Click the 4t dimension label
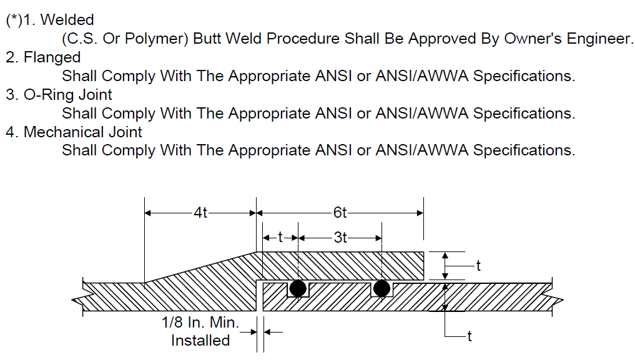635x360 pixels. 200,212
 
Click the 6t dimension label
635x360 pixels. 340,212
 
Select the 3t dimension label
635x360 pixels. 340,238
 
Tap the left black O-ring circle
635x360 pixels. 298,288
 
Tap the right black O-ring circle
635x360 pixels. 381,288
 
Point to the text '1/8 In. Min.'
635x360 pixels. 200,323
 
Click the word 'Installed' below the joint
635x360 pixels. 200,341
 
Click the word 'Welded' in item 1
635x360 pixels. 67,20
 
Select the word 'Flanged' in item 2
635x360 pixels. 52,57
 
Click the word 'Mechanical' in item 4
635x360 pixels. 57,132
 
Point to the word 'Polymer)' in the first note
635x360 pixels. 156,39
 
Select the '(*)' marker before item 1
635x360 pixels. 14,20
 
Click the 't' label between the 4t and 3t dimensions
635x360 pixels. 280,238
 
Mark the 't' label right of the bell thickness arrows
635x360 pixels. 478,266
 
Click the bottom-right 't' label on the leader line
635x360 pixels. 470,336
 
